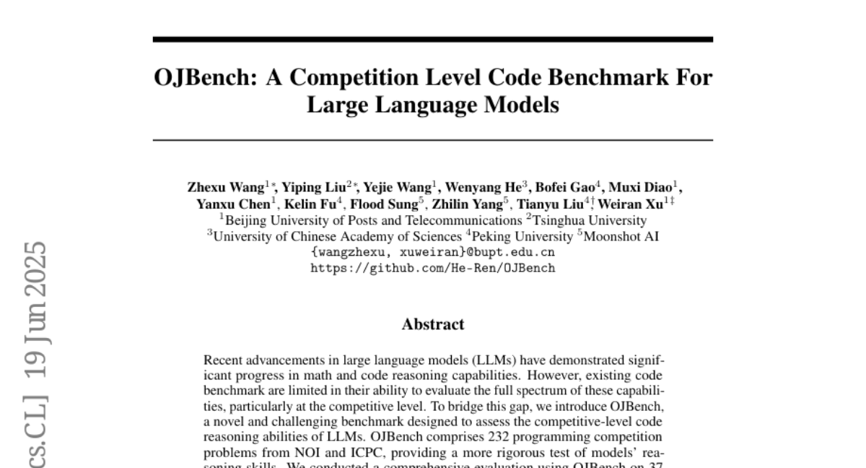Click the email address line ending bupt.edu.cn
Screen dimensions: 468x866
pos(433,252)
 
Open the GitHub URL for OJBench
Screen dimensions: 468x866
pos(433,268)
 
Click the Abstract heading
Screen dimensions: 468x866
pos(433,324)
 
